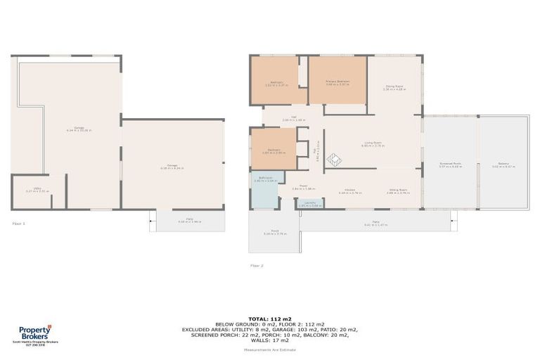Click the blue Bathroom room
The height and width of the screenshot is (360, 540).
pos(266,191)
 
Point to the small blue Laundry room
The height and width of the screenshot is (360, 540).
pos(309,204)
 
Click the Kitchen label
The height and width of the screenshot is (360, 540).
pos(349,190)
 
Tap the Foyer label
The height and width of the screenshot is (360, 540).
pos(303,188)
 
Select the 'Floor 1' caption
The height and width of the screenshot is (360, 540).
pos(19,223)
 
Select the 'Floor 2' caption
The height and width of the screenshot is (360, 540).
pos(257,265)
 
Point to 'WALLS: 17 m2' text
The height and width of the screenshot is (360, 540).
pos(270,340)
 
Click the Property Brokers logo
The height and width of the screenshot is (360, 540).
pos(35,333)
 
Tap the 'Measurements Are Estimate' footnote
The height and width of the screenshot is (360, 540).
pos(270,349)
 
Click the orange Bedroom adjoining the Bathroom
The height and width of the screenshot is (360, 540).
pos(272,150)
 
